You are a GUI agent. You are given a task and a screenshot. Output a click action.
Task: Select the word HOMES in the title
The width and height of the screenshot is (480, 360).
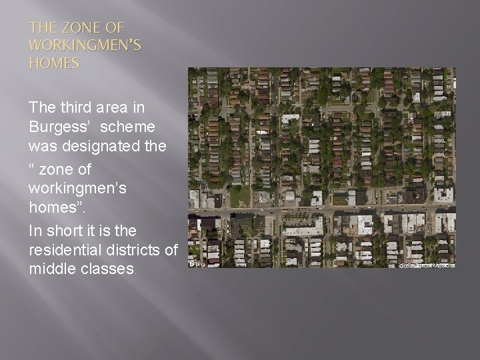pos(53,64)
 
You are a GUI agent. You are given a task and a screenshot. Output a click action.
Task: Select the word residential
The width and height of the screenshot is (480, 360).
pos(63,249)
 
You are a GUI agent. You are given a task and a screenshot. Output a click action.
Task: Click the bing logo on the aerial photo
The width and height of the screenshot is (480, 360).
pos(196,263)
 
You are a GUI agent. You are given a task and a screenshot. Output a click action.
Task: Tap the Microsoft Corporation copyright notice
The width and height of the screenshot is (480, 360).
pos(427,265)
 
